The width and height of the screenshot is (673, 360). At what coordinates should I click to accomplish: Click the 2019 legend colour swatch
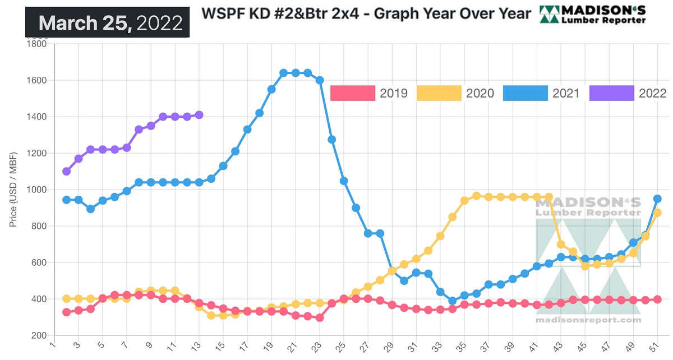click(x=353, y=93)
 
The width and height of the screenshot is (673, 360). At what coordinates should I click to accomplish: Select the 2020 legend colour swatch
click(x=439, y=93)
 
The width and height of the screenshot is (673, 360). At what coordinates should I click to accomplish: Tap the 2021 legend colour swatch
click(x=526, y=93)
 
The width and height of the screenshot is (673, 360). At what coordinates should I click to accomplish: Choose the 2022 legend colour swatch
click(x=612, y=93)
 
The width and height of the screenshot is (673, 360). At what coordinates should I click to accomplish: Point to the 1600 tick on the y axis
click(x=36, y=80)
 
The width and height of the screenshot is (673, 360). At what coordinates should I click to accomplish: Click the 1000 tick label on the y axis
click(x=36, y=190)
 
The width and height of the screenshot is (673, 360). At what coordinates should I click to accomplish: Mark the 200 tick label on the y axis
click(x=39, y=335)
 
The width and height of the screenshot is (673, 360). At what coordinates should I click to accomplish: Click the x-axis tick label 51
click(x=655, y=348)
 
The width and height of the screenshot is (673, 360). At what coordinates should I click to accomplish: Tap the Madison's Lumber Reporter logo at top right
click(x=592, y=15)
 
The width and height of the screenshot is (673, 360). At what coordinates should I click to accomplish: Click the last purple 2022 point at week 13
click(x=199, y=115)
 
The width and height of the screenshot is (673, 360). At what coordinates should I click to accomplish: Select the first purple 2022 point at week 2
click(x=66, y=171)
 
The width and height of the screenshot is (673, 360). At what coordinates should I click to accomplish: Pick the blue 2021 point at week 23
click(x=320, y=80)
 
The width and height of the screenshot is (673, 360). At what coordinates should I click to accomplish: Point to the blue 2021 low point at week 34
click(x=452, y=301)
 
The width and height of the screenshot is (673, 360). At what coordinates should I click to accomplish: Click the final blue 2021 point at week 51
click(x=657, y=199)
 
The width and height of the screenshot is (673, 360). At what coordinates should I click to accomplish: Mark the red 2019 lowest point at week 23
click(x=320, y=317)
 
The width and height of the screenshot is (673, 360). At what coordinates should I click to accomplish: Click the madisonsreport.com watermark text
click(x=588, y=320)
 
